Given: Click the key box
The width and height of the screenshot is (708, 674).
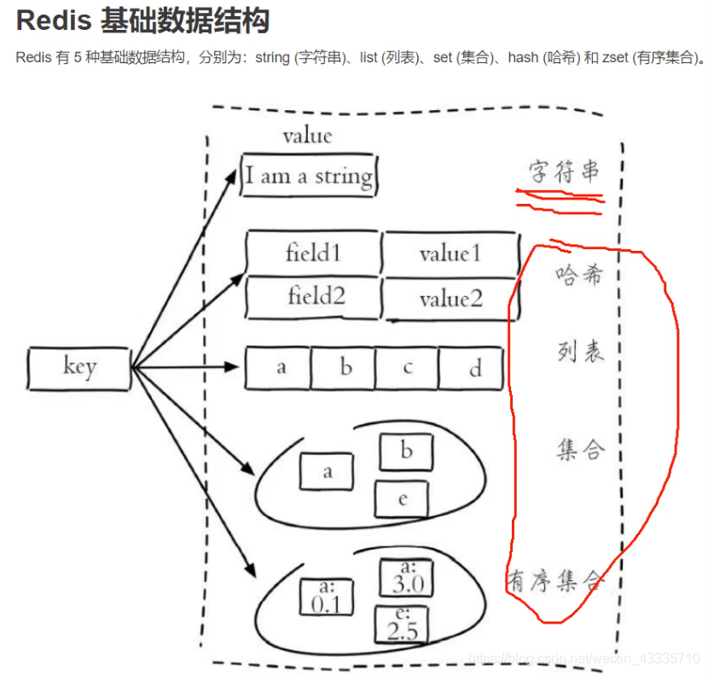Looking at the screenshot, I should [79, 368].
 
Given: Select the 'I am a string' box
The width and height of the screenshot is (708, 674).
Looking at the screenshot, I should [309, 177].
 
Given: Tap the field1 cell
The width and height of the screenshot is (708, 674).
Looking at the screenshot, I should [312, 253].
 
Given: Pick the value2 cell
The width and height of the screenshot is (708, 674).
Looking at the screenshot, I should [450, 299].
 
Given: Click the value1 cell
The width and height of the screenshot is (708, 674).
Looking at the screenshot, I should [450, 253].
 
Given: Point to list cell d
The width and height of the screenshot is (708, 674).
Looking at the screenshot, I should [473, 368].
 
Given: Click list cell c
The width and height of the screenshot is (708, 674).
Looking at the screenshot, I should [408, 368].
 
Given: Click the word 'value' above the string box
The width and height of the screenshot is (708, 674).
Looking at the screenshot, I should [307, 136].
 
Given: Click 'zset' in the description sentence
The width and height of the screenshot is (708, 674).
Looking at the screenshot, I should [614, 59].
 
